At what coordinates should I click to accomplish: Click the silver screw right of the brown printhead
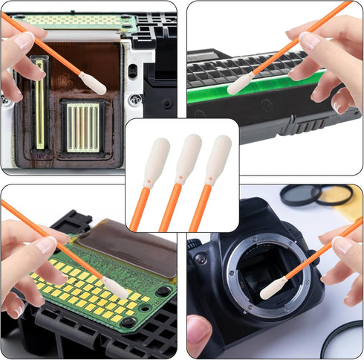[134, 99]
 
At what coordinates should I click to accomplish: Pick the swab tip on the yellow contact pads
[115, 289]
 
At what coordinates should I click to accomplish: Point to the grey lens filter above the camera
[306, 196]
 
